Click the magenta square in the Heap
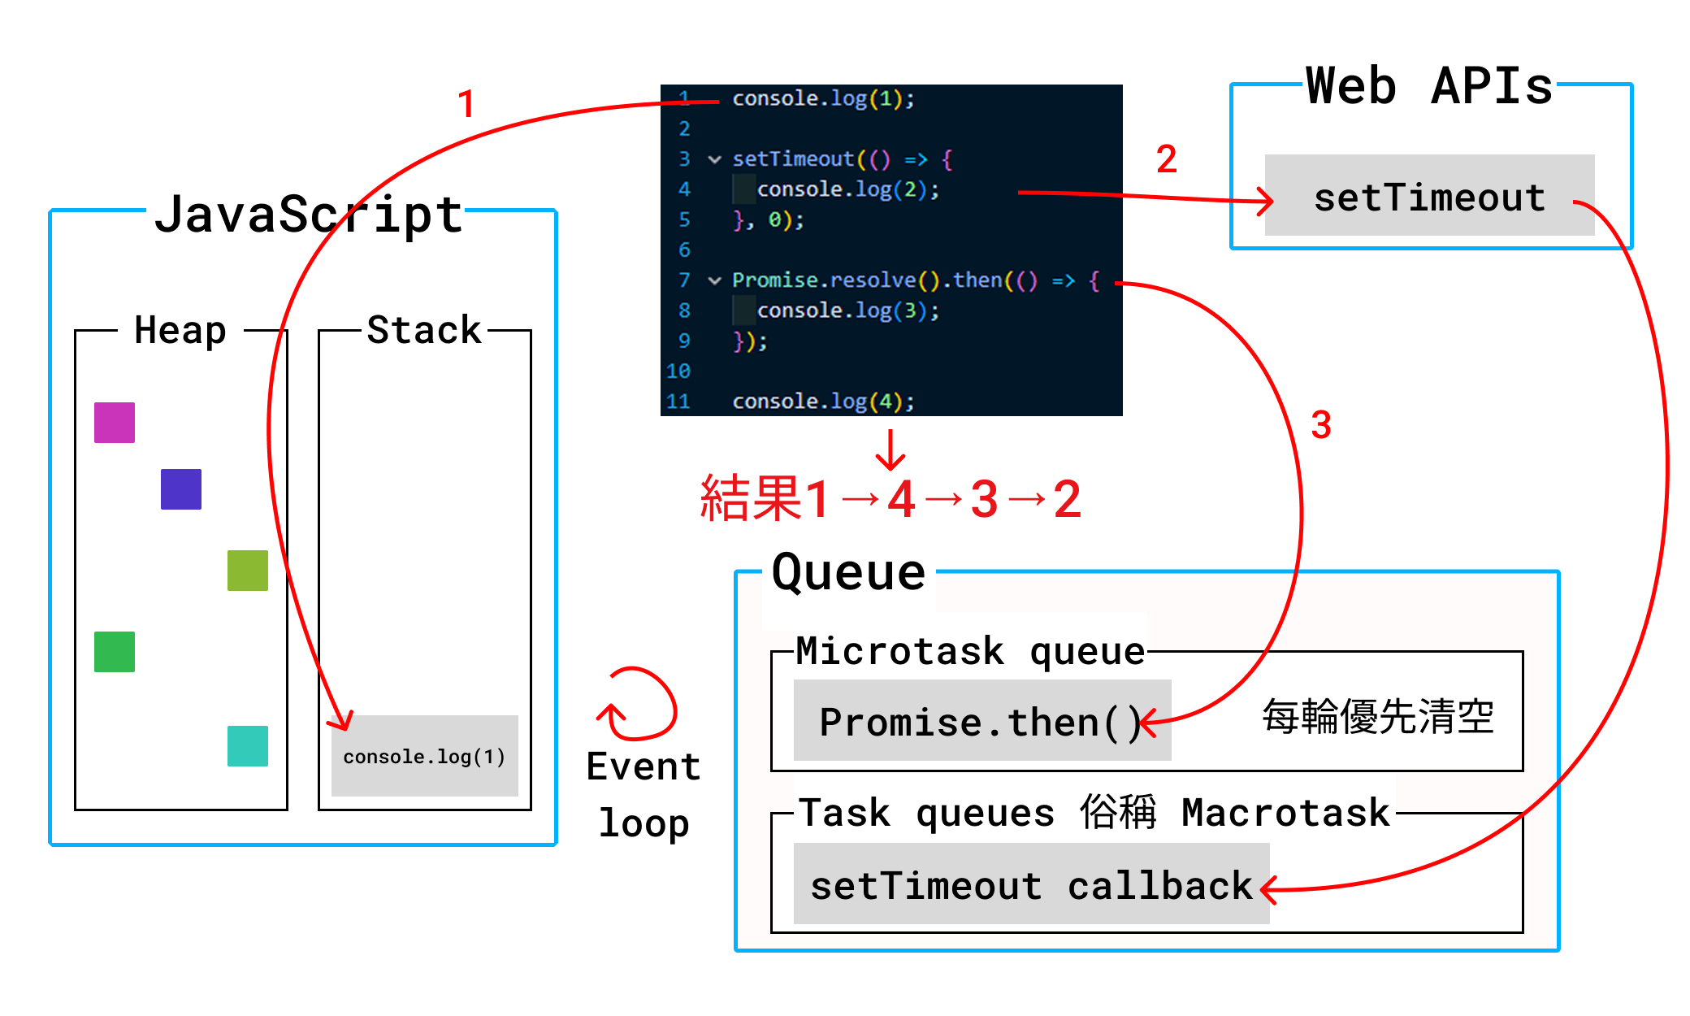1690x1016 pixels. [115, 423]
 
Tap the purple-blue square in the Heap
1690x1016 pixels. [181, 489]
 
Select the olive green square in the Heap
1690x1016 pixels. [248, 571]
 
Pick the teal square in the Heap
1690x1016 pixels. [248, 746]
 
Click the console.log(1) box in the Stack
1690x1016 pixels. [424, 756]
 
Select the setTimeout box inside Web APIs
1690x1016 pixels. [1429, 196]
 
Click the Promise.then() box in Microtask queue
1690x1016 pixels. [981, 721]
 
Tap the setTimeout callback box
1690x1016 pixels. [1031, 884]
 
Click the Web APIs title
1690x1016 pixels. [1428, 86]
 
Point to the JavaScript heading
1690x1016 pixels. [309, 215]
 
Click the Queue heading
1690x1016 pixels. [848, 572]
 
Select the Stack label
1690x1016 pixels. [424, 330]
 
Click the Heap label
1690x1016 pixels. [180, 330]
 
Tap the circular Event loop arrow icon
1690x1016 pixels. [638, 705]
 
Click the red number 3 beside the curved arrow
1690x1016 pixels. [1321, 425]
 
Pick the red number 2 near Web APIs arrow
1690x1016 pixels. [1167, 159]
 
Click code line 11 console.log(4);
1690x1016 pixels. [822, 402]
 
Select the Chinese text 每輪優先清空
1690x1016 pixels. [1378, 717]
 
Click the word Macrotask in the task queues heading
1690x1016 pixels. [1285, 813]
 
